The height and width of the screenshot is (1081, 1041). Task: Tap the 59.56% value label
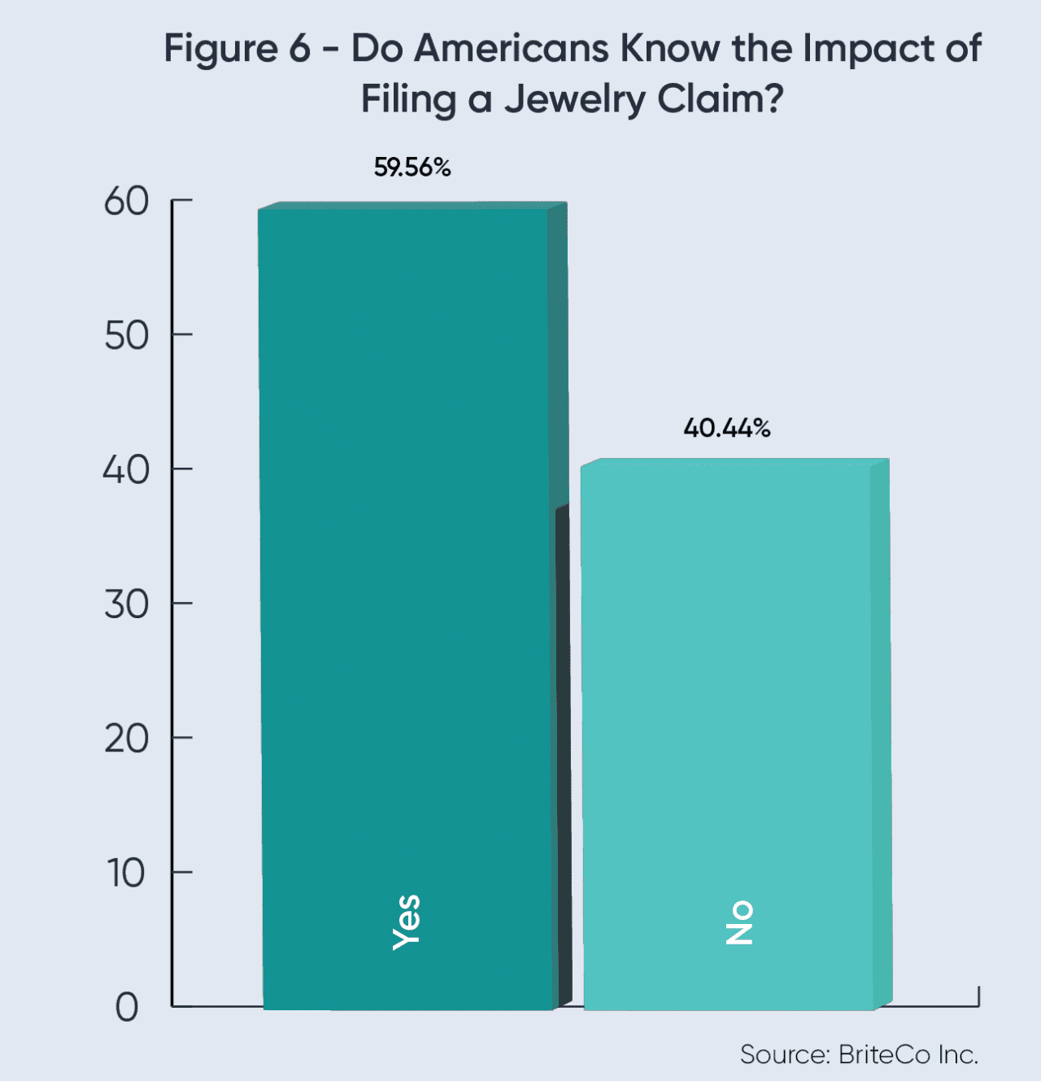(412, 168)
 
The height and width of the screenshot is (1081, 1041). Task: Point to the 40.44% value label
(727, 428)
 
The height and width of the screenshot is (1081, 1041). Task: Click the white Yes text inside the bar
(407, 922)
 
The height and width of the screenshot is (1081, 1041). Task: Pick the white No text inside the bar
(740, 922)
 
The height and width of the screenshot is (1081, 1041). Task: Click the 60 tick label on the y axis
(126, 201)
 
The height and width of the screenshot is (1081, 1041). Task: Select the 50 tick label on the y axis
(126, 335)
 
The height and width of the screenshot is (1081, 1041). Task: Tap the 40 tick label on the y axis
(126, 470)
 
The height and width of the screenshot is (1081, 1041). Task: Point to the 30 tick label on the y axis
(126, 604)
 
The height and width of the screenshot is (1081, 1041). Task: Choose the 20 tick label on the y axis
(126, 739)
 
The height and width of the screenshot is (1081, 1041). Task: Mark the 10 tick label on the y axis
(126, 874)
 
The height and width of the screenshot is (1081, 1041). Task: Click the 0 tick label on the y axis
(127, 1008)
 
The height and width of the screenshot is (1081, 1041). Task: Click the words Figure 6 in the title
(237, 49)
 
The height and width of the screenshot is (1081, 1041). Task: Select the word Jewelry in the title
(574, 100)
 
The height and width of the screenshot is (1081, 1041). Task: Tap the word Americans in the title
(512, 49)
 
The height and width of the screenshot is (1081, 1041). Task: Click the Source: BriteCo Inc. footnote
(859, 1054)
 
